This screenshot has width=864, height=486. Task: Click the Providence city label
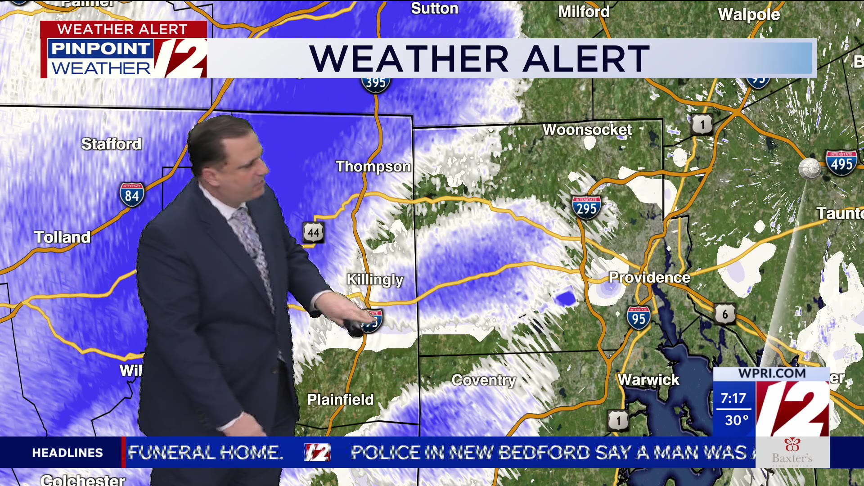tap(649, 277)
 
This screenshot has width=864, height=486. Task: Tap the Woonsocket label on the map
tap(587, 130)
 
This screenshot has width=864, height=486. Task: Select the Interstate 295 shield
tap(586, 207)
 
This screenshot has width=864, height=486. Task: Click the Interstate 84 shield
tap(131, 194)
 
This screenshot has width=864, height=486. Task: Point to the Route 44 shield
tap(313, 232)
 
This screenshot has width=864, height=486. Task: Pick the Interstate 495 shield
tap(841, 163)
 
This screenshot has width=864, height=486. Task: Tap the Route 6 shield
tap(724, 314)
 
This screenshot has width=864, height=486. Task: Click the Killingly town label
tap(375, 279)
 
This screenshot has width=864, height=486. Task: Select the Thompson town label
tap(373, 166)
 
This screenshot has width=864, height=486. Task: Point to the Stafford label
tap(111, 144)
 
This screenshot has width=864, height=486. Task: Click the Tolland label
tap(63, 237)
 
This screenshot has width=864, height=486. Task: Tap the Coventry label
tap(484, 380)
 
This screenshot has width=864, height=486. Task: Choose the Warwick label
tap(648, 380)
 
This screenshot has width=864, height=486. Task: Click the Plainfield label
tap(340, 400)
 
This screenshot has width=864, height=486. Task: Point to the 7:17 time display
tap(733, 398)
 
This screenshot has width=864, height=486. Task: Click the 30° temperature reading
tap(736, 420)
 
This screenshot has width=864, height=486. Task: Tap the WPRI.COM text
tap(772, 373)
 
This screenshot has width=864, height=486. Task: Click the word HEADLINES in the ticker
tap(67, 453)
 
